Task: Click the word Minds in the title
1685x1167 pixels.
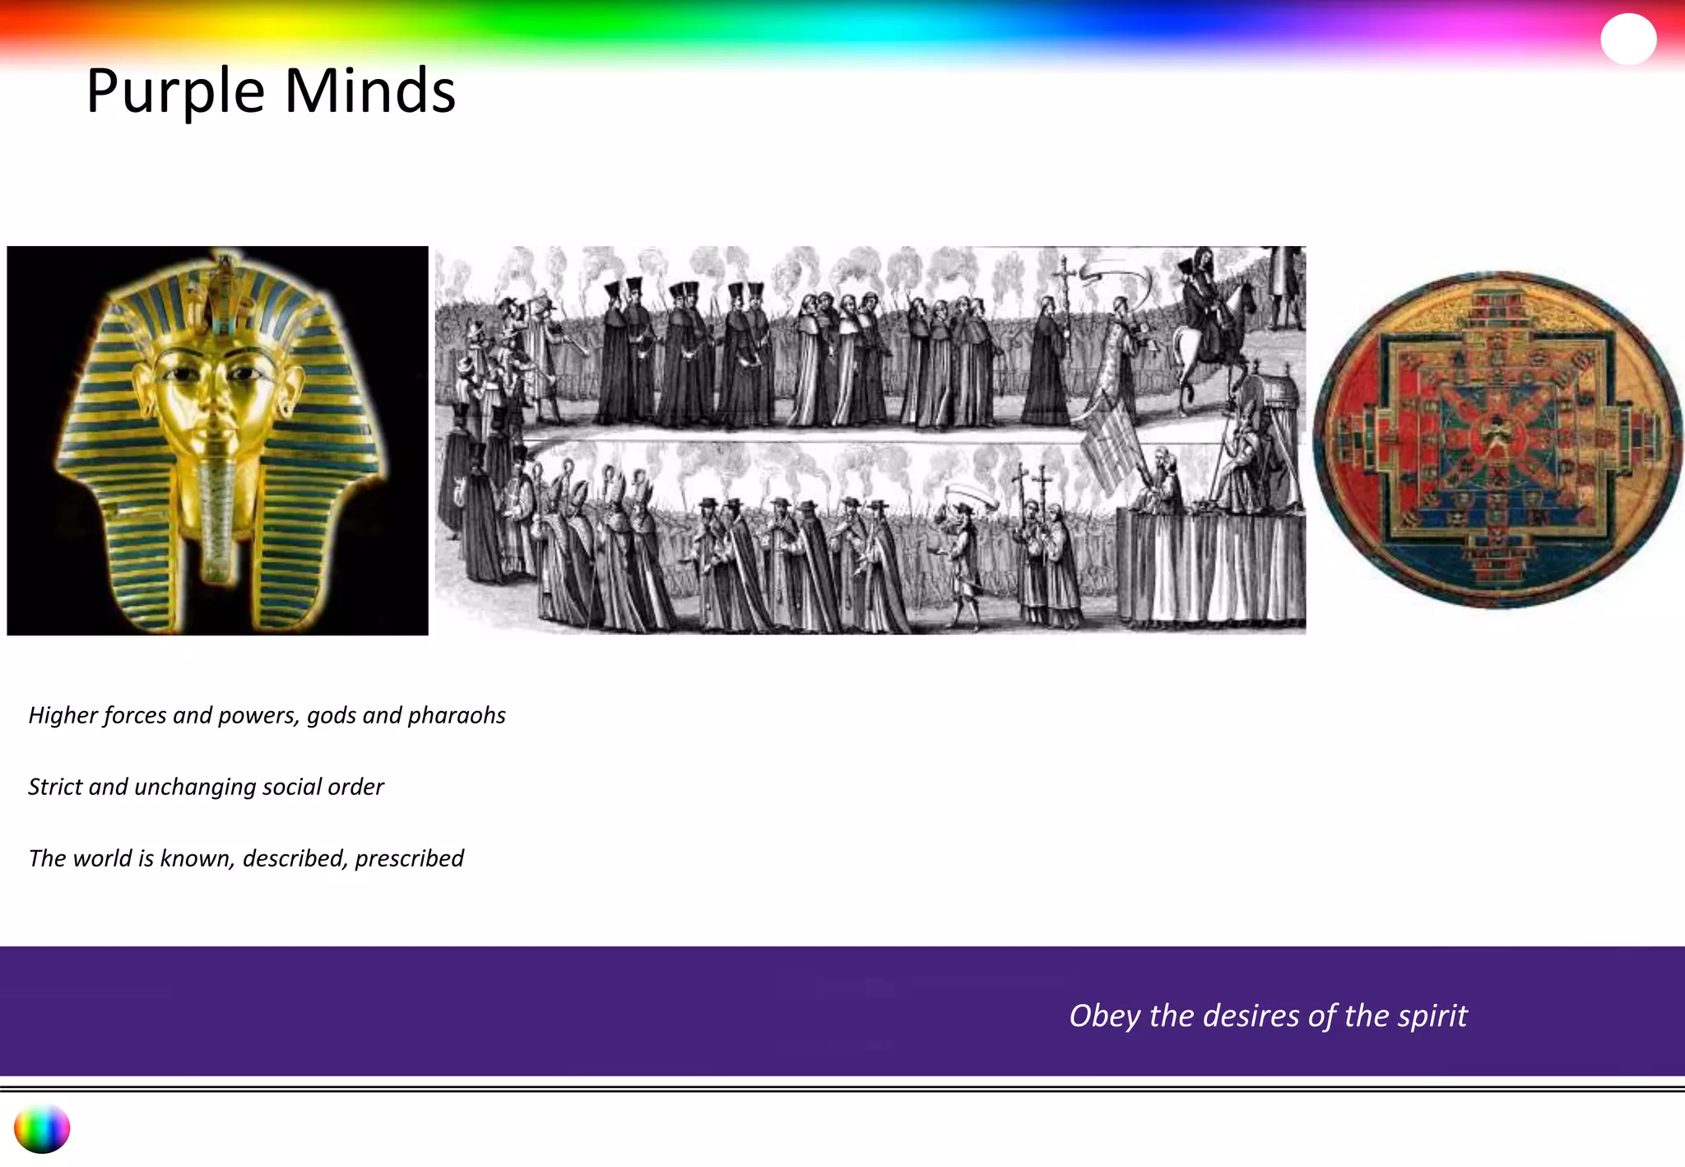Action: click(369, 91)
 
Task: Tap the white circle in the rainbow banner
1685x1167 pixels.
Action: click(1627, 39)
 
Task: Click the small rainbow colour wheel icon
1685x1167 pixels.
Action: click(41, 1128)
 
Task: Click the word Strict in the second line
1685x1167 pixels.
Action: click(55, 787)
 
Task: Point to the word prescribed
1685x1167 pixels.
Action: click(409, 858)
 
